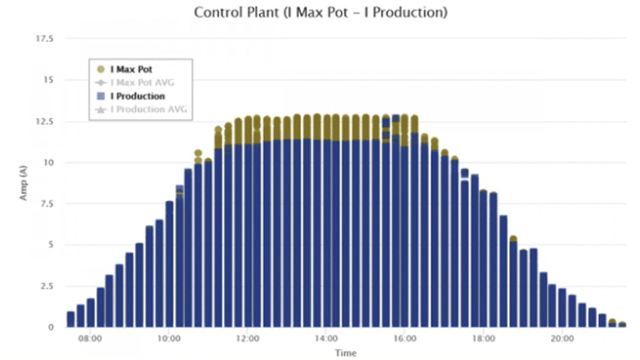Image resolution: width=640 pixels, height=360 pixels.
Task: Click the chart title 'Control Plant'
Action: (320, 12)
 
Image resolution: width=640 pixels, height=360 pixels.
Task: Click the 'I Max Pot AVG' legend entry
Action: (142, 83)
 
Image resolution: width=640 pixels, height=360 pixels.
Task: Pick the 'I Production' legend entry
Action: (137, 96)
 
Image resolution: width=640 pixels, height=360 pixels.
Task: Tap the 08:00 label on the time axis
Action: (90, 338)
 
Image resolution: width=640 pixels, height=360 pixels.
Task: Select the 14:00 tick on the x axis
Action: (326, 338)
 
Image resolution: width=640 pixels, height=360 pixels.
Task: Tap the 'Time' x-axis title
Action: (345, 353)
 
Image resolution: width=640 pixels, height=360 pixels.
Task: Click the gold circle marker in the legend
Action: (101, 69)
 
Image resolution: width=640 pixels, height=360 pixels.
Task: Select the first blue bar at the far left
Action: (70, 319)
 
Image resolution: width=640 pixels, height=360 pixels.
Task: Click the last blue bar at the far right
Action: (622, 324)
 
